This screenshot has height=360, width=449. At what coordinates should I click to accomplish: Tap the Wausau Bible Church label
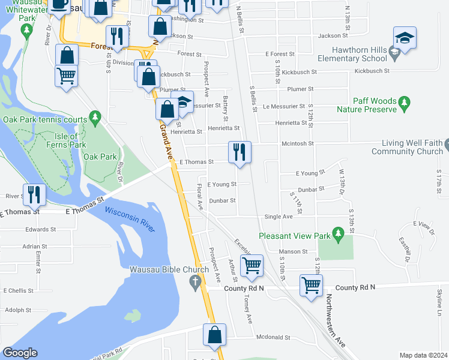pyautogui.click(x=169, y=269)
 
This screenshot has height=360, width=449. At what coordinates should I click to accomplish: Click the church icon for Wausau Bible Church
pyautogui.click(x=194, y=281)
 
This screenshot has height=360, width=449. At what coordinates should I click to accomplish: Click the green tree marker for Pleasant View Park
pyautogui.click(x=338, y=232)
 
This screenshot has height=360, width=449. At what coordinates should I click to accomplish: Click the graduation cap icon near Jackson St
pyautogui.click(x=405, y=38)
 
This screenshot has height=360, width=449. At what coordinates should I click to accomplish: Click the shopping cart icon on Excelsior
pyautogui.click(x=252, y=265)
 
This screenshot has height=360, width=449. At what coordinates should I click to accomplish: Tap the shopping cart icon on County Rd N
pyautogui.click(x=312, y=285)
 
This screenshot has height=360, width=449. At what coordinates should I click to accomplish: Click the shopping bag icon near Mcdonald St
pyautogui.click(x=215, y=335)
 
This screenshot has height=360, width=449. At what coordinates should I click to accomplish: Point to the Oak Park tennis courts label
pyautogui.click(x=45, y=119)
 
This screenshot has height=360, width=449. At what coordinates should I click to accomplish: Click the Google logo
pyautogui.click(x=20, y=353)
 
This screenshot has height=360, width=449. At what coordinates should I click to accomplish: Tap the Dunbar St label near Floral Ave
pyautogui.click(x=222, y=200)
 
